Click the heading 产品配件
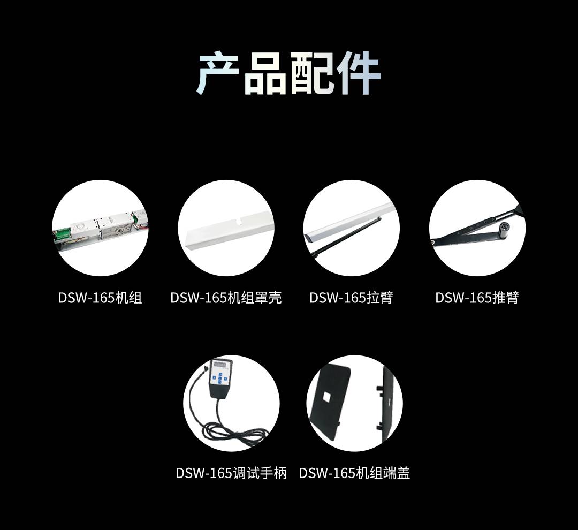(x=288, y=74)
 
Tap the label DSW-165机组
(x=100, y=298)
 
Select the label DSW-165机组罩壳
(x=226, y=298)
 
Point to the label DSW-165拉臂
(x=351, y=298)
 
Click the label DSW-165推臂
(x=477, y=298)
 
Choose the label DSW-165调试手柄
(x=231, y=473)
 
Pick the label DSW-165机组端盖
(x=354, y=473)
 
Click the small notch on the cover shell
(x=239, y=222)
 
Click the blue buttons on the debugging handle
(x=220, y=379)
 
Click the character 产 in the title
(x=217, y=74)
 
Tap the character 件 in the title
(x=359, y=74)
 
